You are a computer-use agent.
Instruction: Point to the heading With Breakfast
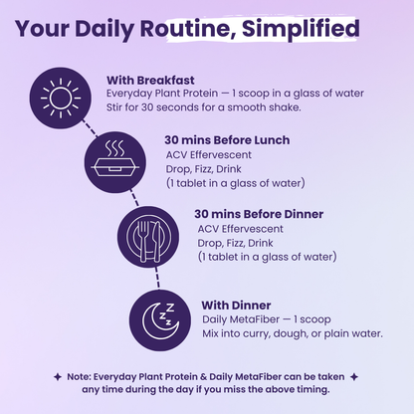[149, 80]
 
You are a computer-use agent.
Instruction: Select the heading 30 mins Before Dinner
[258, 214]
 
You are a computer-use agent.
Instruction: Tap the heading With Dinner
[236, 304]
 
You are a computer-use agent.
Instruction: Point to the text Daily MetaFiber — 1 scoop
[265, 318]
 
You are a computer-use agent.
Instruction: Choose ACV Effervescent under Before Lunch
[208, 156]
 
